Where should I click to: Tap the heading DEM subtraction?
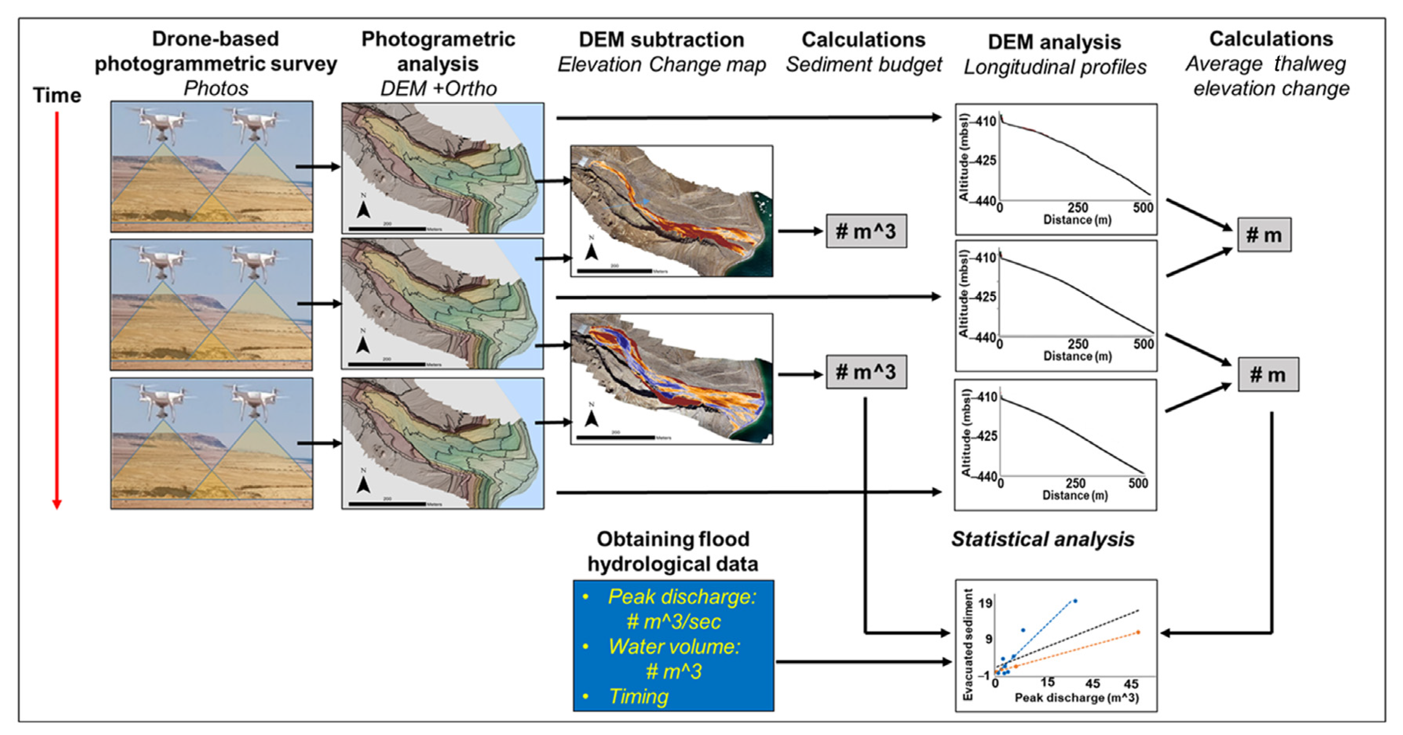tap(661, 40)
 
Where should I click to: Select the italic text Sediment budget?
tap(863, 65)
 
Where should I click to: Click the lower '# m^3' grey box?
tap(866, 372)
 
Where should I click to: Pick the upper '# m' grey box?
tap(1264, 235)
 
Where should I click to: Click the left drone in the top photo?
tap(161, 124)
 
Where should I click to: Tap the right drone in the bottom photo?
tap(254, 401)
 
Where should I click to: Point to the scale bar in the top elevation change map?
tap(614, 271)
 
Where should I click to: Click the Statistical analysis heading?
tap(1043, 539)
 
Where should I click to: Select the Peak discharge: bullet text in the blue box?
tap(682, 597)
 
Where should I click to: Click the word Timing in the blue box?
tap(638, 696)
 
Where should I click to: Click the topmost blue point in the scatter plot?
tap(1074, 601)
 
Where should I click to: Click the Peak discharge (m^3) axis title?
tap(1076, 698)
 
